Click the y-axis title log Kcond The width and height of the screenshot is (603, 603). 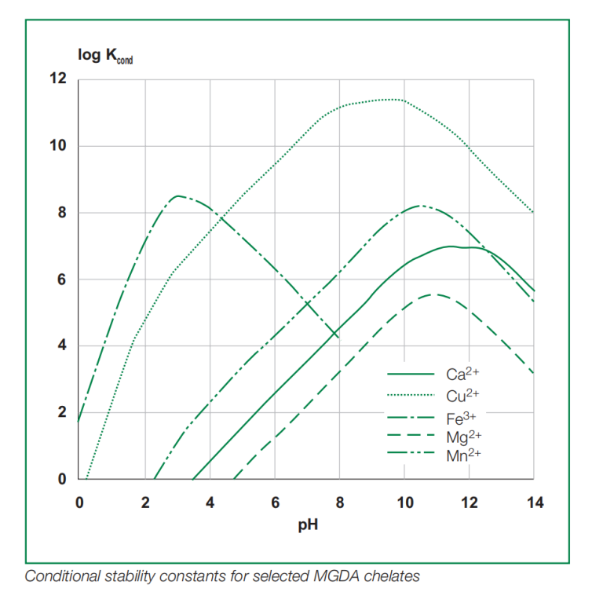tap(104, 57)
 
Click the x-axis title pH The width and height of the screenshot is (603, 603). tap(307, 524)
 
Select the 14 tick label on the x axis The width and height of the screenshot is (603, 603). tap(533, 502)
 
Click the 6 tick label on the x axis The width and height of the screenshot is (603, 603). tap(275, 502)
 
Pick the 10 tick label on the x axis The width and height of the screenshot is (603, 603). tap(404, 502)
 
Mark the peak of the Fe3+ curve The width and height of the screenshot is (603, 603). tap(179, 196)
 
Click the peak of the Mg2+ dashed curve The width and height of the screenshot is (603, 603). tap(434, 294)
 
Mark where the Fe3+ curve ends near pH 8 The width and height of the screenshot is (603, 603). tap(338, 337)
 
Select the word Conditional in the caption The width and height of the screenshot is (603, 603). tap(60, 576)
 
